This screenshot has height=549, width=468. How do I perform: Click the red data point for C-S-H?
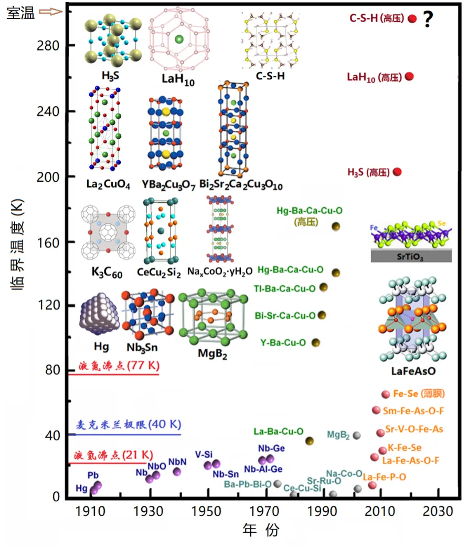[x=412, y=19]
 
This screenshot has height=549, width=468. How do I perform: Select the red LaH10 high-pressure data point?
[x=409, y=77]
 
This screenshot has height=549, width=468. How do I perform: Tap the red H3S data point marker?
[x=397, y=172]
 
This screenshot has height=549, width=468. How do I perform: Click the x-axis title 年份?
[x=261, y=530]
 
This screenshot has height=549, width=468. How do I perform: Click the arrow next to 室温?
[x=51, y=13]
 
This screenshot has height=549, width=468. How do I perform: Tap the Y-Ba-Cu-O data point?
[x=316, y=343]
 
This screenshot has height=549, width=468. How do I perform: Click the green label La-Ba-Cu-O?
[x=279, y=432]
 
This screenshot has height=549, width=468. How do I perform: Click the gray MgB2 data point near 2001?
[x=357, y=435]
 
